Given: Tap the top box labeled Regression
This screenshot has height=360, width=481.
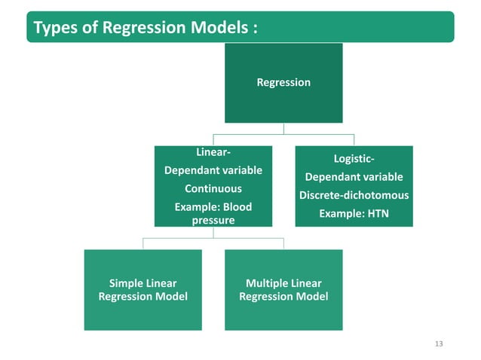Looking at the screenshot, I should tap(283, 82).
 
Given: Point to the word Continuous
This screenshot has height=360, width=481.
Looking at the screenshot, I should tap(213, 188).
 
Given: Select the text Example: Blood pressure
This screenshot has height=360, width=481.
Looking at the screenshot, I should tap(213, 213).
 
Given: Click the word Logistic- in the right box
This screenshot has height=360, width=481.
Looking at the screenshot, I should tap(354, 158).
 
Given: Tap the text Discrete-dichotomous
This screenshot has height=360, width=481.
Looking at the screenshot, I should tap(354, 195).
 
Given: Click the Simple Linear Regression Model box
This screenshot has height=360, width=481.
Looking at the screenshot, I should tap(143, 290).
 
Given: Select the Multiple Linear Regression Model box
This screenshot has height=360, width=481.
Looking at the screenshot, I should tap(283, 290).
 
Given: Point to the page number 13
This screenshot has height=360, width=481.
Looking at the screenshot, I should tap(440, 344).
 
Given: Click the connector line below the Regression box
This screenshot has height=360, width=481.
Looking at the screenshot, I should tap(283, 128).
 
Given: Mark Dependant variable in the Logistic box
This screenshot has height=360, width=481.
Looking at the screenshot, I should tap(354, 177).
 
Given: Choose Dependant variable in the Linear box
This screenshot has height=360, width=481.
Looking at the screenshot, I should tap(213, 170).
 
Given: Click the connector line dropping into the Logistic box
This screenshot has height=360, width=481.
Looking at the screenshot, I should tap(354, 140).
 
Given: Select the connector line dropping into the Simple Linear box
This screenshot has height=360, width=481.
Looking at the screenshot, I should tap(143, 243).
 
